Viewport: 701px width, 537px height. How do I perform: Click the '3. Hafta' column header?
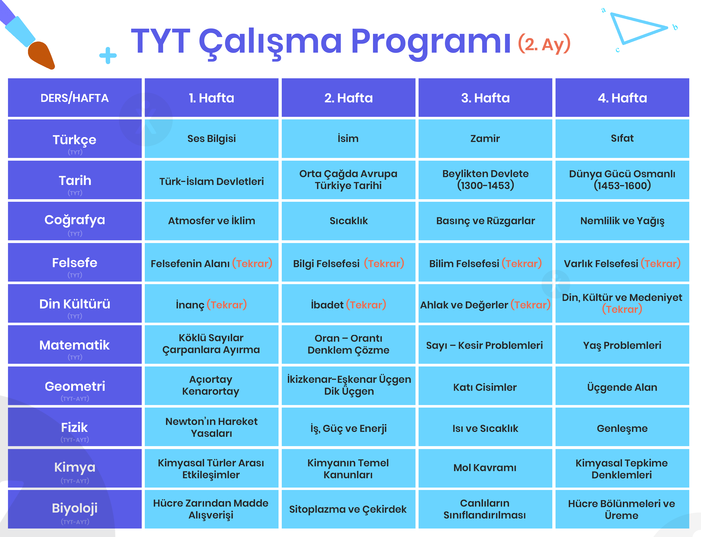[485, 98]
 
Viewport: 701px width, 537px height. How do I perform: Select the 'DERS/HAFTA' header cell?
[74, 98]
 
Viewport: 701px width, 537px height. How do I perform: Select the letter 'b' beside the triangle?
[675, 27]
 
